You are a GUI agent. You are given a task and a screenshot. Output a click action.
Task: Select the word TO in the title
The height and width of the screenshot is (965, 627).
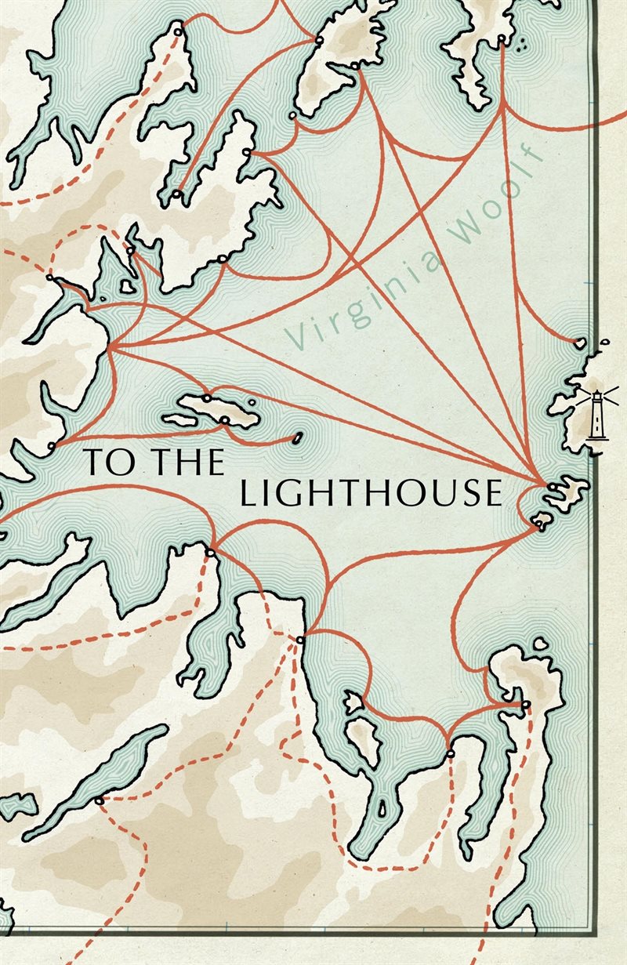[x=101, y=462]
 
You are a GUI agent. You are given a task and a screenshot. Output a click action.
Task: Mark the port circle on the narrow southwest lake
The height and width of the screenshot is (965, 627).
[x=99, y=800]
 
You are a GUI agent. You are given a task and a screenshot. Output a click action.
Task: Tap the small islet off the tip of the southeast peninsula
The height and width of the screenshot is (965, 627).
[x=540, y=644]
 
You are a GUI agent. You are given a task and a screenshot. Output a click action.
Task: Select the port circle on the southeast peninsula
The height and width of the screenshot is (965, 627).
[x=525, y=705]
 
